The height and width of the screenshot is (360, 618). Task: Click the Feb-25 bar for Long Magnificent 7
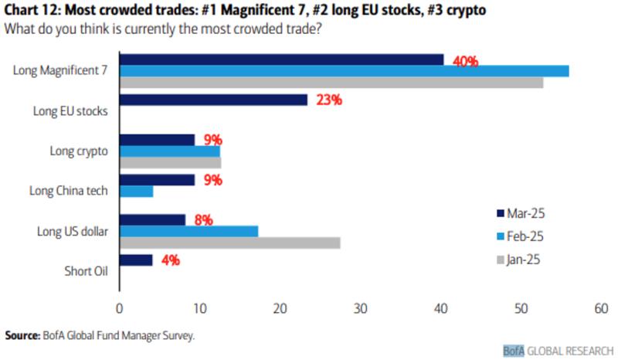[x=344, y=71]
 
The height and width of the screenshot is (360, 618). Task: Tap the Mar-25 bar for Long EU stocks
[x=213, y=100]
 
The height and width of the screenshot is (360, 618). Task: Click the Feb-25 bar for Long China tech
[x=136, y=191]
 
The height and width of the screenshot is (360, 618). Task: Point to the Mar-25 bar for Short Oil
[x=135, y=260]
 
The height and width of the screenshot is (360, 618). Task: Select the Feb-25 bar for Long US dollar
[x=188, y=231]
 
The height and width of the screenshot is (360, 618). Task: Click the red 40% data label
[x=466, y=61]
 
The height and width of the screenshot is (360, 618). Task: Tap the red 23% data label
[x=329, y=100]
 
